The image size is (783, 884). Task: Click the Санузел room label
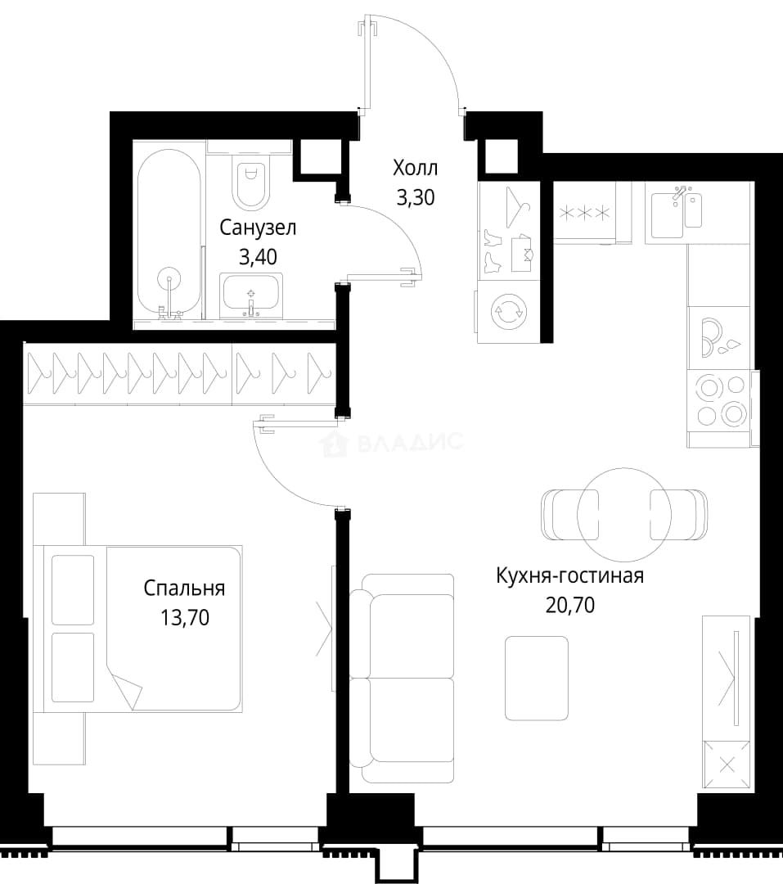pyautogui.click(x=258, y=228)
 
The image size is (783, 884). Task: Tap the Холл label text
pyautogui.click(x=416, y=168)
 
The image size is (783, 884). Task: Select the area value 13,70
pyautogui.click(x=185, y=618)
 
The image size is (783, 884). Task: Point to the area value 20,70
pyautogui.click(x=570, y=606)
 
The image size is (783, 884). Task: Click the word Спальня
pyautogui.click(x=184, y=589)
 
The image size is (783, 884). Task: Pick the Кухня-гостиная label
pyautogui.click(x=570, y=576)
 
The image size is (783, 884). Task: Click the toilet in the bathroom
pyautogui.click(x=250, y=180)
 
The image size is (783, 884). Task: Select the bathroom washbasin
pyautogui.click(x=251, y=295)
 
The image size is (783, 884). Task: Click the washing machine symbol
pyautogui.click(x=508, y=311)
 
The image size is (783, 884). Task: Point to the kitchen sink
pyautogui.click(x=677, y=214)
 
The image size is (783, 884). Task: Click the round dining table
pyautogui.click(x=624, y=514)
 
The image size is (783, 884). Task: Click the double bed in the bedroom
pyautogui.click(x=137, y=628)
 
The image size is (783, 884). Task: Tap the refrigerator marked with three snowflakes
pyautogui.click(x=584, y=213)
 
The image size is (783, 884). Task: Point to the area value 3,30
pyautogui.click(x=416, y=197)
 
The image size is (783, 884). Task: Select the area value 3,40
pyautogui.click(x=259, y=257)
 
